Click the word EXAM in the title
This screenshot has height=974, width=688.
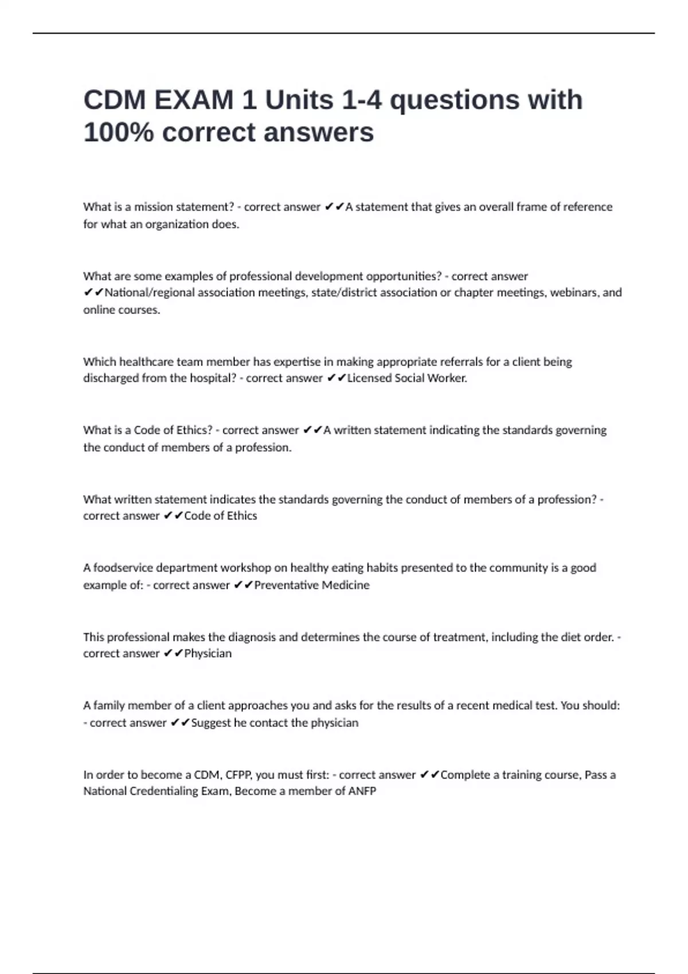point(193,100)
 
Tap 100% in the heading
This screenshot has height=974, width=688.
point(118,133)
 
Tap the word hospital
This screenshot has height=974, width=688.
point(213,378)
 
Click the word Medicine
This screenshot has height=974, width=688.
point(346,585)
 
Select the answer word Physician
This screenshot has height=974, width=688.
point(208,654)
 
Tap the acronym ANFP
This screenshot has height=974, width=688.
point(362,791)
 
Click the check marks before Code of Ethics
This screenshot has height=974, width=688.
point(173,516)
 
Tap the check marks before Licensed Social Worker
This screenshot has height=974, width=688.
point(336,378)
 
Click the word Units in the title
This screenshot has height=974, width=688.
point(299,100)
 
